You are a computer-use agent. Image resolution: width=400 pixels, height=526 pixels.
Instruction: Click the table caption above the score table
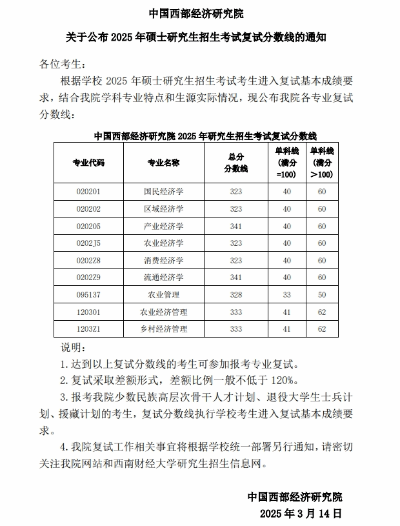(205, 136)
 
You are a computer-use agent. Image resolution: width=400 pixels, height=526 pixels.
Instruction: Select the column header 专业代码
(88, 163)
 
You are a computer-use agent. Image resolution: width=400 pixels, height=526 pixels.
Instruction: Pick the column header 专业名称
(164, 163)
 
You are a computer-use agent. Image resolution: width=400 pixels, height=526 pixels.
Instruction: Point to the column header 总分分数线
(235, 163)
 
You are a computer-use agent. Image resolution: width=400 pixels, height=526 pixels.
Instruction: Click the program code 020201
(88, 191)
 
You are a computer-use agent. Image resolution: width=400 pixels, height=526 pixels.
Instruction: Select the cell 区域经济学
(164, 208)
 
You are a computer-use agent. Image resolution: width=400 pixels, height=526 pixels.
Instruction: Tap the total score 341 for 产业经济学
(235, 226)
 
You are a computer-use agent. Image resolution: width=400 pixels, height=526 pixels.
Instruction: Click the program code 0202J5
(88, 243)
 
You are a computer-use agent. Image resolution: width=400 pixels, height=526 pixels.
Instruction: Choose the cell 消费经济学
(164, 260)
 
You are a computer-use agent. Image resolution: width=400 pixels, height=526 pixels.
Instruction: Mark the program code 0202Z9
(88, 277)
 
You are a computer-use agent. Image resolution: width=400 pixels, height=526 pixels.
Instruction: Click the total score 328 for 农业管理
(235, 294)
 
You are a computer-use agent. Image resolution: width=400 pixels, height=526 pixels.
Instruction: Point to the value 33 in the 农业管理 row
(286, 294)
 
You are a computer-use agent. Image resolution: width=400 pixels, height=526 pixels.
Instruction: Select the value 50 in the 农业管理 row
(321, 294)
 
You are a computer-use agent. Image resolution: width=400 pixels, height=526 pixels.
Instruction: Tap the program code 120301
(88, 312)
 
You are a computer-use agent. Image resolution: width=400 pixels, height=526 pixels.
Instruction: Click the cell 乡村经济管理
(164, 329)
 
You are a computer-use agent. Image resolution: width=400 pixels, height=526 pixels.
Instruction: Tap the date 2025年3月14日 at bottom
(300, 514)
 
